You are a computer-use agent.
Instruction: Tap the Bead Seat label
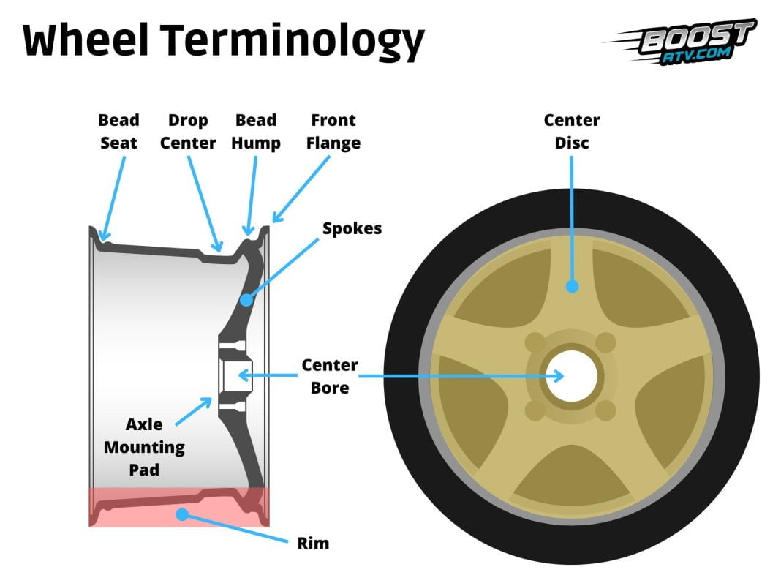pyautogui.click(x=118, y=132)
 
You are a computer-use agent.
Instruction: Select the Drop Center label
pyautogui.click(x=188, y=132)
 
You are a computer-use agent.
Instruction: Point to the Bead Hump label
pyautogui.click(x=256, y=132)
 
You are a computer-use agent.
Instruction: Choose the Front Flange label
pyautogui.click(x=334, y=132)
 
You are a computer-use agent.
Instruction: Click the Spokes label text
pyautogui.click(x=352, y=228)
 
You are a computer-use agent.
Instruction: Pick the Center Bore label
pyautogui.click(x=330, y=375)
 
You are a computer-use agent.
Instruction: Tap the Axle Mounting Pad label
pyautogui.click(x=144, y=446)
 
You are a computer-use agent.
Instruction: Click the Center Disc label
pyautogui.click(x=571, y=132)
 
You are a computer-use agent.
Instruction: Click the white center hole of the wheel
pyautogui.click(x=571, y=376)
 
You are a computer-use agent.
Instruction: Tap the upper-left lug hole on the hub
pyautogui.click(x=535, y=342)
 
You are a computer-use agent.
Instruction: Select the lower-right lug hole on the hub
pyautogui.click(x=605, y=411)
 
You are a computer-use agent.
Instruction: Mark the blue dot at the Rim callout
pyautogui.click(x=181, y=514)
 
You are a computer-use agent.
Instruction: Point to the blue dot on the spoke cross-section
pyautogui.click(x=246, y=299)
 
